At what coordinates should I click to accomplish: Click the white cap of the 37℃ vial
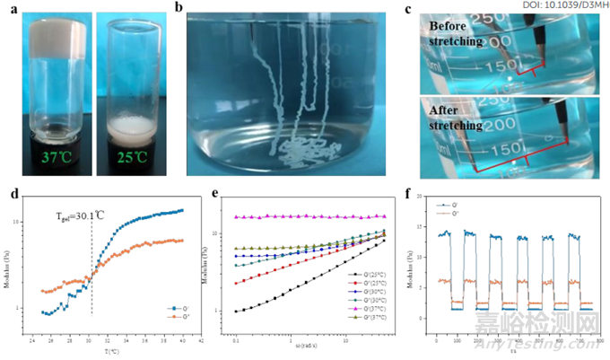pos(45,37)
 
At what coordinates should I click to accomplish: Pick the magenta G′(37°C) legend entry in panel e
pos(368,302)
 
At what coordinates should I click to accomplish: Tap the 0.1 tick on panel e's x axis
pos(234,341)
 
